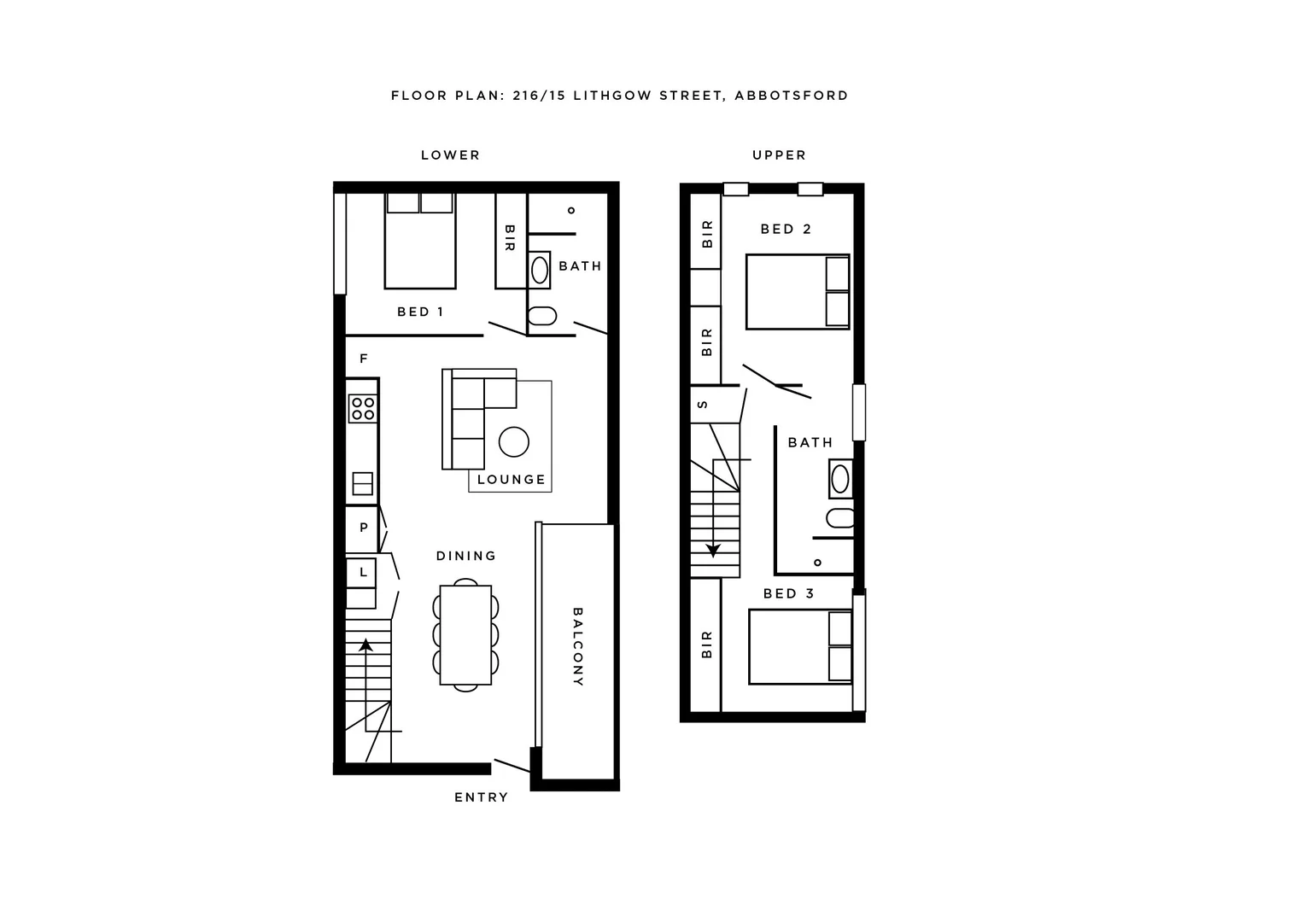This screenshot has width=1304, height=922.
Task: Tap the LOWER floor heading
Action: [x=450, y=155]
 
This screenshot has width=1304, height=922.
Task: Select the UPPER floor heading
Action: [x=779, y=155]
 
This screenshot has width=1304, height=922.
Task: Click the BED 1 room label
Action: [x=420, y=312]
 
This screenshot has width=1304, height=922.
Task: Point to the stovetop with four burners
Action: [x=363, y=409]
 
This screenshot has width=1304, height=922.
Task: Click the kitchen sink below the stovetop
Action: [x=363, y=483]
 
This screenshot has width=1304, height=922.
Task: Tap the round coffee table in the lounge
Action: [x=514, y=441]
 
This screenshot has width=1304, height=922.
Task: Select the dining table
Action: [x=465, y=634]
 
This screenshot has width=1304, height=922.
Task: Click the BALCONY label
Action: [x=577, y=647]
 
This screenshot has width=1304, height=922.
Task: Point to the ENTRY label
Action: [x=481, y=797]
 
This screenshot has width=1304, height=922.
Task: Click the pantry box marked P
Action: [x=363, y=528]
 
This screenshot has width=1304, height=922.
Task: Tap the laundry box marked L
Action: [x=362, y=572]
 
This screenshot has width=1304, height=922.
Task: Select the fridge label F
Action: [x=364, y=359]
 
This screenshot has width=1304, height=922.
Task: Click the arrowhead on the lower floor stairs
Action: [x=366, y=645]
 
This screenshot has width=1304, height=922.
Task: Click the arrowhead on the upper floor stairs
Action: [x=713, y=551]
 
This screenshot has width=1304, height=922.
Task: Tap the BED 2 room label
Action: [x=786, y=229]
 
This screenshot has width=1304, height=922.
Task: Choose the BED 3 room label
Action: [x=788, y=593]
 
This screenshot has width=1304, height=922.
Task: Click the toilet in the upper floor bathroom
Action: [x=839, y=518]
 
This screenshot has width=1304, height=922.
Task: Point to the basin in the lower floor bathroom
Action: [x=540, y=270]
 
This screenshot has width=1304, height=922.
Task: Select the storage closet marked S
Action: [x=704, y=405]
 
